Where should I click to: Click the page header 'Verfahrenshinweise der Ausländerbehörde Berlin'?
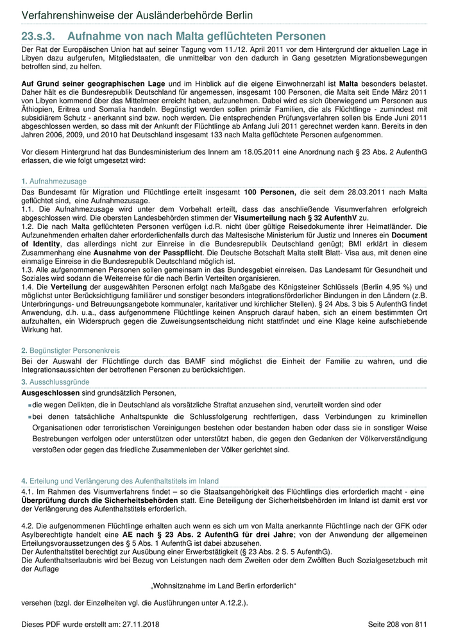coord(137,15)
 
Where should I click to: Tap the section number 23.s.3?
coord(40,37)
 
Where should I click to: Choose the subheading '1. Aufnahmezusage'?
coord(54,182)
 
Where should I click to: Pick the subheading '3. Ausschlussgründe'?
coord(56,382)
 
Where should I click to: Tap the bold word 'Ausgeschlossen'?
coord(51,393)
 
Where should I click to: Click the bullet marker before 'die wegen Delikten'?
coord(30,405)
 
